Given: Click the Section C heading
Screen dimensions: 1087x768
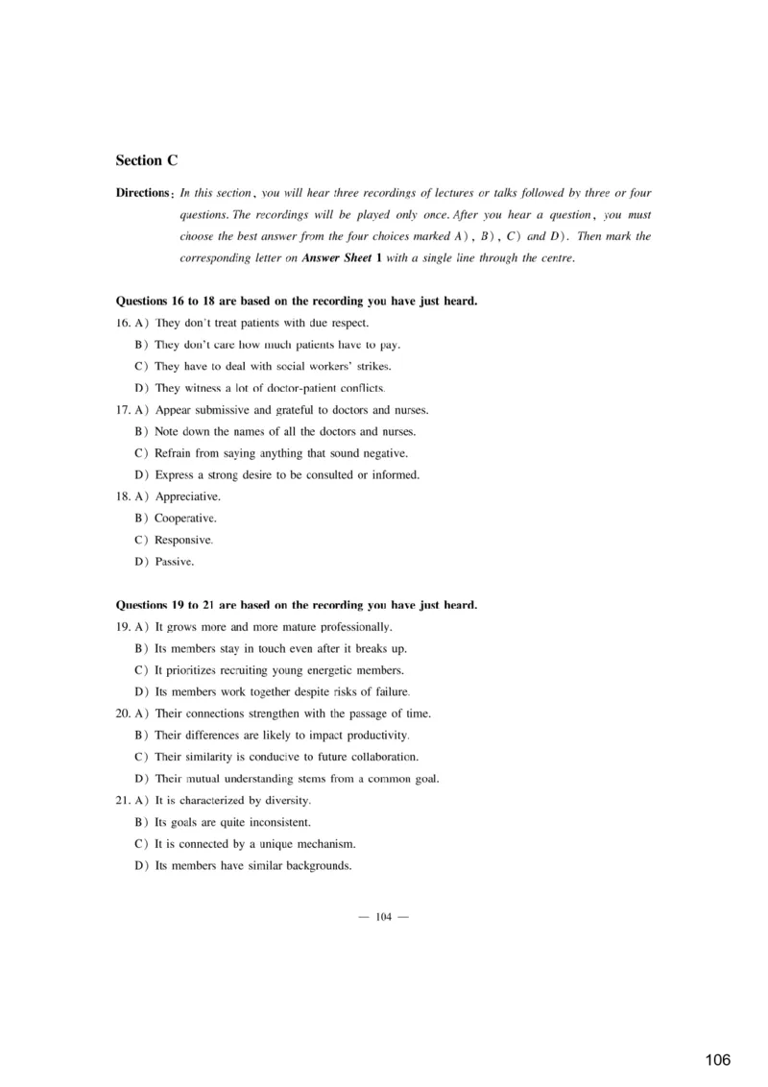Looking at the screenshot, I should [146, 160].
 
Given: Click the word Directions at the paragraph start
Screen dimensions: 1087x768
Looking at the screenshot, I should [142, 193].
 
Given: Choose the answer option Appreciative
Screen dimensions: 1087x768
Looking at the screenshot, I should [187, 496].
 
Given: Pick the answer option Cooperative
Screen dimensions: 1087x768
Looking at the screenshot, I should [185, 519].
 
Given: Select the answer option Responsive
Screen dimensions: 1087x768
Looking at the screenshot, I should [184, 540].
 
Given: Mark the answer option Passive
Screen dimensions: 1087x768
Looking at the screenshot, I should [174, 562].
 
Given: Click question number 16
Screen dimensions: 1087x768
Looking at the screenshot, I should [122, 323].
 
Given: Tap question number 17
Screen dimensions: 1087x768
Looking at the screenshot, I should [122, 410].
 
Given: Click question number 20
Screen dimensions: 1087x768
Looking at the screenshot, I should [122, 713].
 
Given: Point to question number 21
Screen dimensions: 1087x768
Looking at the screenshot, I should [122, 800].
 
